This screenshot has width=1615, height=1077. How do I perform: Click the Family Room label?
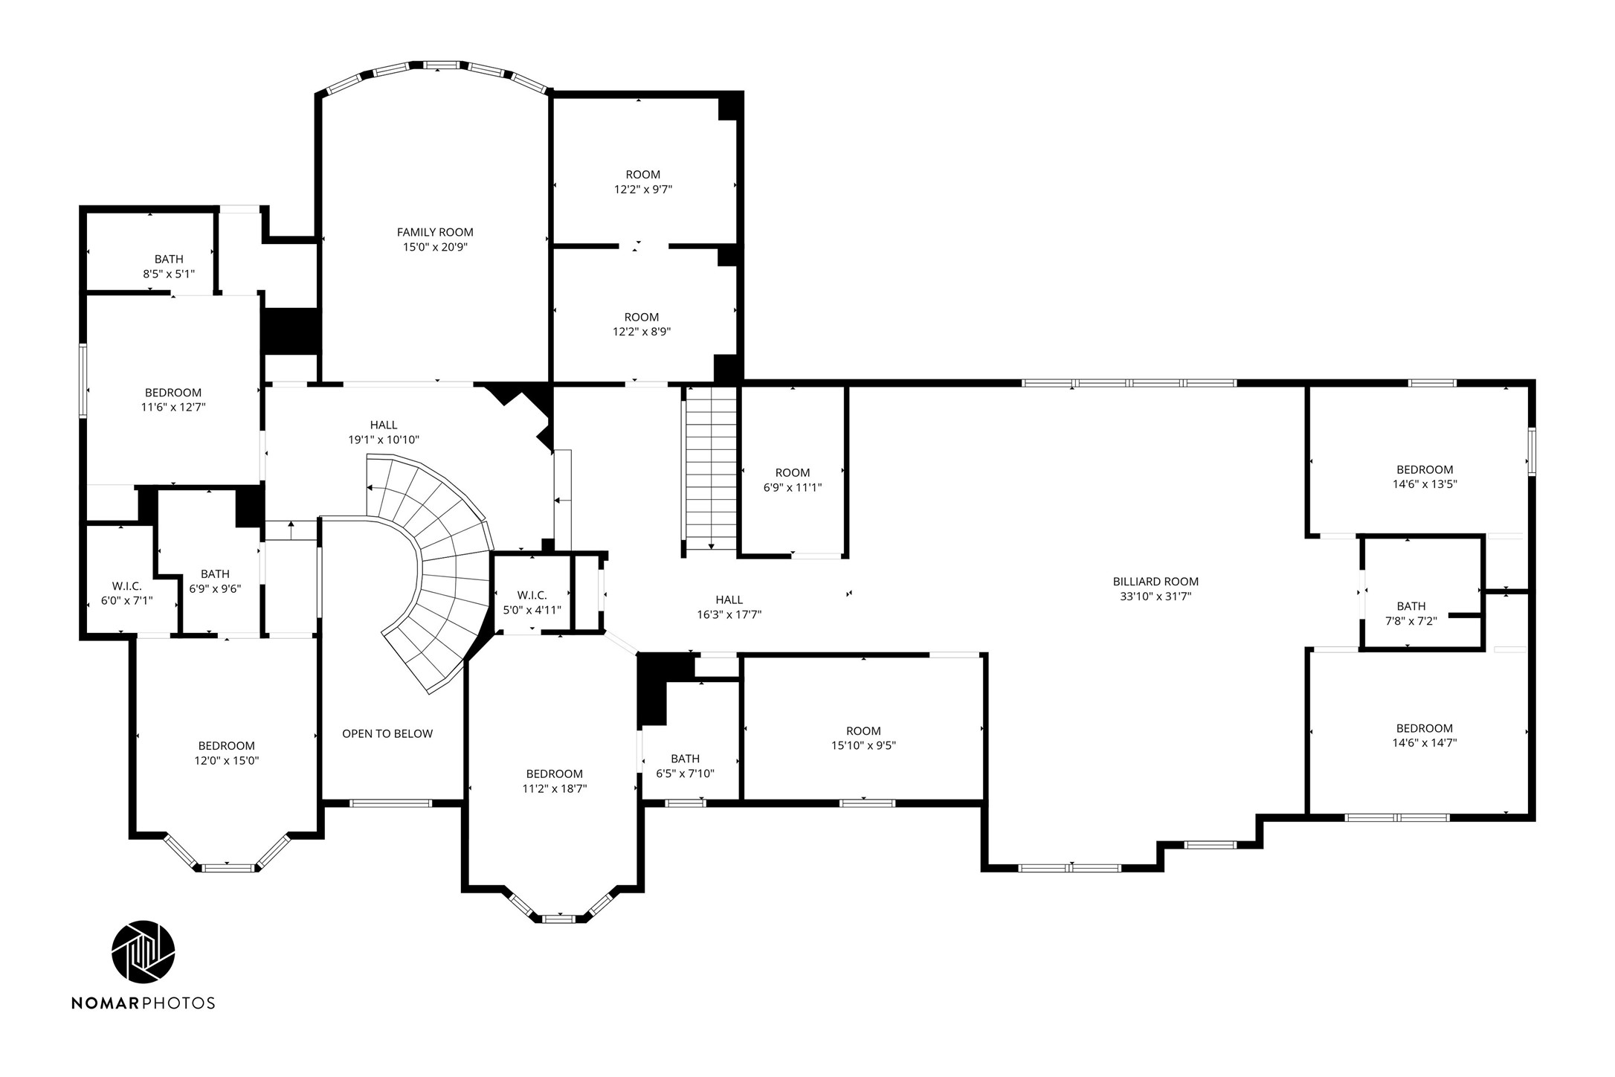(x=435, y=232)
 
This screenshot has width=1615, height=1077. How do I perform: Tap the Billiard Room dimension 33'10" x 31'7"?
(x=1155, y=596)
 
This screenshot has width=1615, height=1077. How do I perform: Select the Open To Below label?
(x=387, y=733)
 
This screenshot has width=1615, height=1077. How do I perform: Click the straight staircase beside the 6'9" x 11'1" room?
(x=711, y=471)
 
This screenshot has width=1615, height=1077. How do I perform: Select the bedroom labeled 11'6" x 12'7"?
(x=173, y=399)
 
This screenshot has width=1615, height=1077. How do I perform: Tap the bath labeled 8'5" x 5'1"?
(x=169, y=266)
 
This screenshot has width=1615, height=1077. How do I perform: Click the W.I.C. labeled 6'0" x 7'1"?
(x=126, y=593)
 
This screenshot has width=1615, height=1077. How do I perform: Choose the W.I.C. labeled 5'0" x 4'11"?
(x=532, y=602)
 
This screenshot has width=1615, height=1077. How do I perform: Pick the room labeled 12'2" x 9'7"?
(x=642, y=181)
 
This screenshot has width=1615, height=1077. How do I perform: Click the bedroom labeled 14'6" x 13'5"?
(x=1424, y=476)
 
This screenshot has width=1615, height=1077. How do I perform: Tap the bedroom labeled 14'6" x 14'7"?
(x=1424, y=735)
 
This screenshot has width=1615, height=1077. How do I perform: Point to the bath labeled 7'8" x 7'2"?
(x=1411, y=613)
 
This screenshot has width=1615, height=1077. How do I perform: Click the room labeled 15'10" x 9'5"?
(x=863, y=738)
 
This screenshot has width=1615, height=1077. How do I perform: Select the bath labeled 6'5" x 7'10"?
(x=685, y=765)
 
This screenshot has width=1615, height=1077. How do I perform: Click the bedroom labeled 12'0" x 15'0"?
(x=226, y=753)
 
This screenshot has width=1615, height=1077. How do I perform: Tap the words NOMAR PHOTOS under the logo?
(x=143, y=1003)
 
